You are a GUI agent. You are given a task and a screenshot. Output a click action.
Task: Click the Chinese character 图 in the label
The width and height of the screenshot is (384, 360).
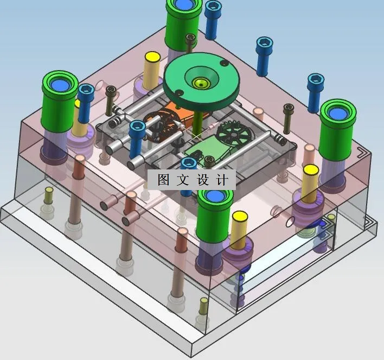[163, 180]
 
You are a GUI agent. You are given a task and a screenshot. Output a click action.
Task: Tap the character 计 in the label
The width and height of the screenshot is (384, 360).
[222, 180]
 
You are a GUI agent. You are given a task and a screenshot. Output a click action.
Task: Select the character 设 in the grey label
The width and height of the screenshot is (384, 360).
[203, 180]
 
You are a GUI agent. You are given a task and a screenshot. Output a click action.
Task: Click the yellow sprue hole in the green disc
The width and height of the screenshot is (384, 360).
[201, 83]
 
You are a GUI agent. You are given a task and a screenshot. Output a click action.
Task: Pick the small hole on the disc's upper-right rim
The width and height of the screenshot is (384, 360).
[223, 63]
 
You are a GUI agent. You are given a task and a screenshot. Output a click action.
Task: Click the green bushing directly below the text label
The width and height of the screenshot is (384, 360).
[214, 215]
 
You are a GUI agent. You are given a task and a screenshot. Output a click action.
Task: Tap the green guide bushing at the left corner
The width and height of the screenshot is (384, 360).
[60, 101]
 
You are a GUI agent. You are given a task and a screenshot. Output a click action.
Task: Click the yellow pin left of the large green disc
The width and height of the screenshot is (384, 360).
[152, 70]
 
